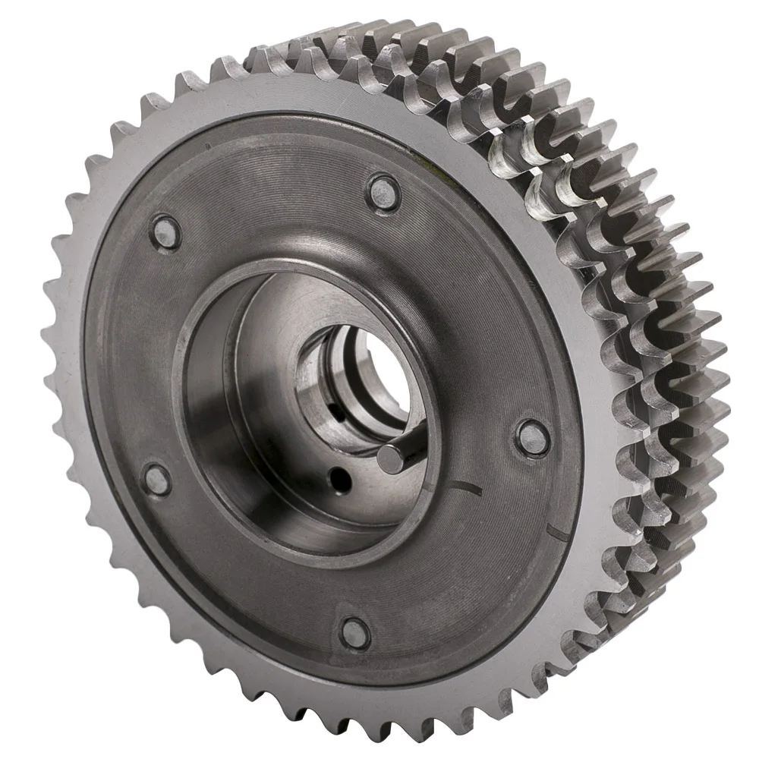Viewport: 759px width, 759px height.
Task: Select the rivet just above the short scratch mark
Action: click(533, 436)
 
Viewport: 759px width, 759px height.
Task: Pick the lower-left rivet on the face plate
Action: click(156, 477)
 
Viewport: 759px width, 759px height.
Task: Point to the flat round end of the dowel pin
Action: click(389, 458)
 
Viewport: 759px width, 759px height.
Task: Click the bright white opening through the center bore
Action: click(387, 379)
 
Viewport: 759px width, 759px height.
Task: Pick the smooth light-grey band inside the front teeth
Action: click(114, 531)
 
